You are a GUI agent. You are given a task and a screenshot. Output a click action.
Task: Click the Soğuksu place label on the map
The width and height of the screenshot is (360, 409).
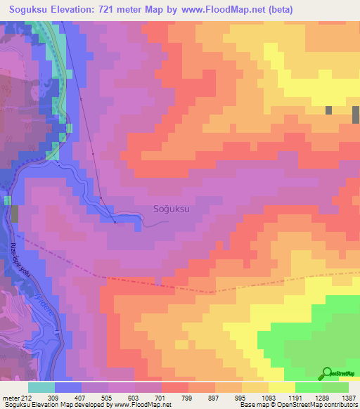click(172, 209)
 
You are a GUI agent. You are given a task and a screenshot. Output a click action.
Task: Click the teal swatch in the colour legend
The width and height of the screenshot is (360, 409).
click(41, 387)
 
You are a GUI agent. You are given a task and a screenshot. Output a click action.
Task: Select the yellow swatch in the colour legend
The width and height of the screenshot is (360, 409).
click(282, 387)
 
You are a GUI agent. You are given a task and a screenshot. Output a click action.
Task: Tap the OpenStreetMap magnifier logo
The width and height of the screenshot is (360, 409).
click(326, 373)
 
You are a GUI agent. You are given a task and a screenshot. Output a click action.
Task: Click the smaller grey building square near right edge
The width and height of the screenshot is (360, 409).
click(328, 110)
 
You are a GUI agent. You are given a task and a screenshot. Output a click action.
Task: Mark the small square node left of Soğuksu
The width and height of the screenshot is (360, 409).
click(115, 223)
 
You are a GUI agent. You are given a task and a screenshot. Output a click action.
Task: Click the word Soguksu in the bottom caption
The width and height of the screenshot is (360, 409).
click(16, 405)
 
